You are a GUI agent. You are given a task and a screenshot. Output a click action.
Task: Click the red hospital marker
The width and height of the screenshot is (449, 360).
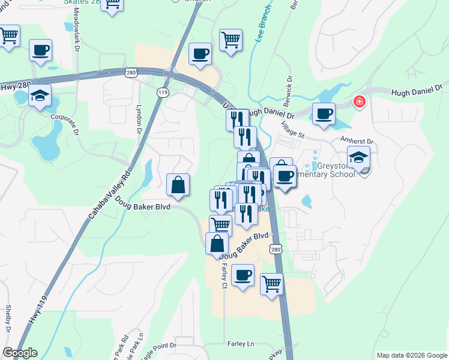tap(360, 101)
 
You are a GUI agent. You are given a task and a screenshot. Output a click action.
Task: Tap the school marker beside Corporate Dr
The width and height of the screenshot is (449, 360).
tap(40, 95)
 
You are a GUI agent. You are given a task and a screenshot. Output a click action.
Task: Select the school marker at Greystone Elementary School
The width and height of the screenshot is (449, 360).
tap(358, 158)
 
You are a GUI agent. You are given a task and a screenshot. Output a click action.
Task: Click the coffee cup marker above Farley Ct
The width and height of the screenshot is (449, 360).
tap(243, 275)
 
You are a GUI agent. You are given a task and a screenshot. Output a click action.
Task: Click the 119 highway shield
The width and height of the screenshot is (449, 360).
tap(162, 92)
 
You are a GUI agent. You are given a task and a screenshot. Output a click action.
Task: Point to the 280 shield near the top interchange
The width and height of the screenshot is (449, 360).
tap(131, 73)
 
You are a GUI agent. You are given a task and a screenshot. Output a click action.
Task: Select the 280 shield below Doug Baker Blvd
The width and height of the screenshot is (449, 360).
tap(276, 249)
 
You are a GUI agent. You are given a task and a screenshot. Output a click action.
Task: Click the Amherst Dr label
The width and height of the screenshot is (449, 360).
tap(357, 142)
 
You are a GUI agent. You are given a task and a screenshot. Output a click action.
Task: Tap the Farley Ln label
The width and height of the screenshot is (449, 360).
tap(241, 344)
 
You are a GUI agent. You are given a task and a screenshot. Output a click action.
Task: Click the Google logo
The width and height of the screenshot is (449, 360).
tap(20, 353)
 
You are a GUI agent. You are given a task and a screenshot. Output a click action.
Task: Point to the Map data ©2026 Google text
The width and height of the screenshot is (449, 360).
tap(410, 355)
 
